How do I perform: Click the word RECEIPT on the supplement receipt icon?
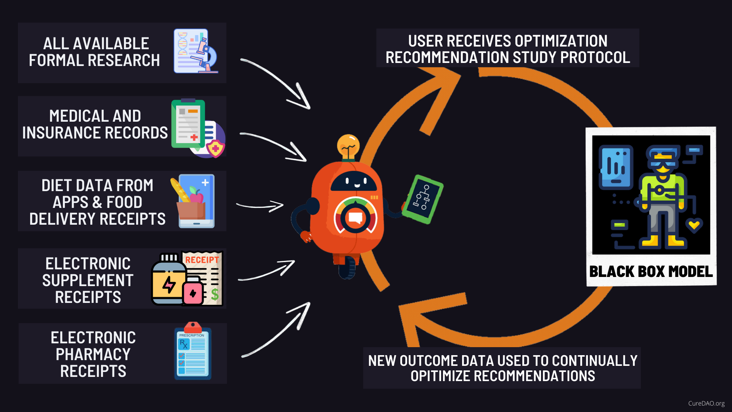coord(202,260)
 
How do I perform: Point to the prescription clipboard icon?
coord(193,353)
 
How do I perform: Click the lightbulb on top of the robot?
coord(348,146)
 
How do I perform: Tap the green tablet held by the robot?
coord(423,199)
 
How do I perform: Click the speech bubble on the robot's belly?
coord(355,218)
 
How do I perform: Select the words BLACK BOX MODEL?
coord(651,272)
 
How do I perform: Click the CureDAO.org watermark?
coord(706,403)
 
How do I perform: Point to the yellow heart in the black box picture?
coord(694,225)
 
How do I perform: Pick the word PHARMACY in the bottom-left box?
coord(93,354)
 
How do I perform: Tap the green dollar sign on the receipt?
coord(215,294)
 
